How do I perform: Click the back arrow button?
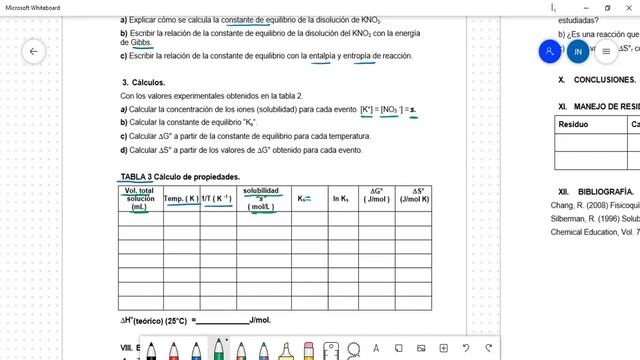click(x=34, y=51)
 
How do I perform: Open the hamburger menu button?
click(x=605, y=51)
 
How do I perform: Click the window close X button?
click(x=629, y=7)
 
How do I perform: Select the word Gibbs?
click(x=144, y=43)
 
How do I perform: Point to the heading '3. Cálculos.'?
click(x=144, y=82)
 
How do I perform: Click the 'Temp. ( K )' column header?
click(x=181, y=199)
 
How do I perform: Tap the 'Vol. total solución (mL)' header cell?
click(x=139, y=199)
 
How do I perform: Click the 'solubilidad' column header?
click(x=261, y=192)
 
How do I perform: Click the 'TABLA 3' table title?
click(x=136, y=176)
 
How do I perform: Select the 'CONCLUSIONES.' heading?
click(x=604, y=79)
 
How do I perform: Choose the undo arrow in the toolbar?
click(x=467, y=348)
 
